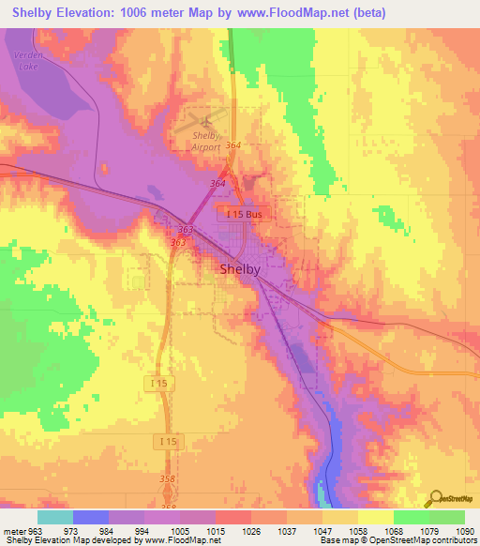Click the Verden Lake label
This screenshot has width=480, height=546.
26,61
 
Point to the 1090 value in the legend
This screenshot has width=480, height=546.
466,530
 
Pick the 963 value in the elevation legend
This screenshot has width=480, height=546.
36,530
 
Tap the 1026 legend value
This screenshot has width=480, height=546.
251,530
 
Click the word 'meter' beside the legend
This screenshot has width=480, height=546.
12,530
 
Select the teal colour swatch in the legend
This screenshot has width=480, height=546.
54,517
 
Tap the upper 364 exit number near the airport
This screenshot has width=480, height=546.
233,145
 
